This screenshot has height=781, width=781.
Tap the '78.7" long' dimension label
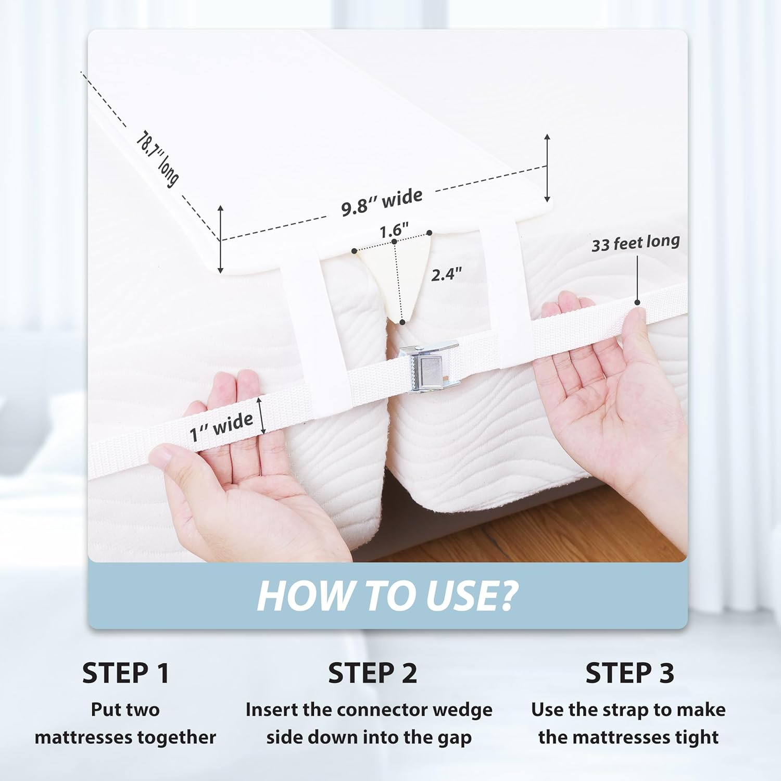157,158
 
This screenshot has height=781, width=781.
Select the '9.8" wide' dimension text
382,202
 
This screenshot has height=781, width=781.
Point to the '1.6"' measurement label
394,230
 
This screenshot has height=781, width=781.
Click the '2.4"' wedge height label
446,274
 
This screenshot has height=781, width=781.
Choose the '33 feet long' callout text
635,243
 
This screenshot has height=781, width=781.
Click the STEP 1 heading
125,673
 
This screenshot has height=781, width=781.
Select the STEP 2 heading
372,673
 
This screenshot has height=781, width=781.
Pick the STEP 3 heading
629,673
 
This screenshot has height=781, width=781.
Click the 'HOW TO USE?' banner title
387,596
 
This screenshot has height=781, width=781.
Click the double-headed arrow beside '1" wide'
262,415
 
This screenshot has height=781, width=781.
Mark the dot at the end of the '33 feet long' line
637,303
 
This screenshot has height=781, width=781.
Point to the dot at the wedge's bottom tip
402,322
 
